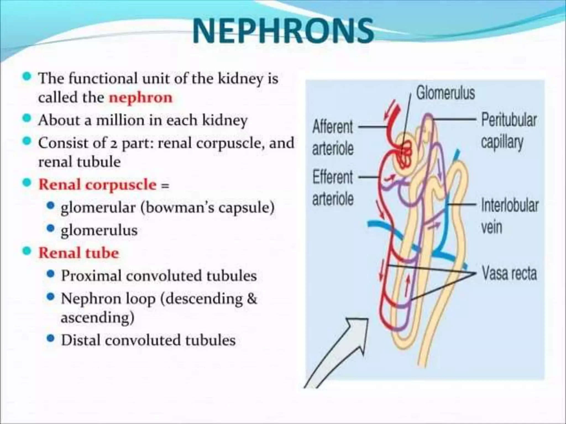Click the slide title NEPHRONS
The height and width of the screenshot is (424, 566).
(283, 31)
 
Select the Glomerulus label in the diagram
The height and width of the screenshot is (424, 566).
(446, 93)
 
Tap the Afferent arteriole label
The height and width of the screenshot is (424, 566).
(333, 138)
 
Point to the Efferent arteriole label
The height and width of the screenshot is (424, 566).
(333, 188)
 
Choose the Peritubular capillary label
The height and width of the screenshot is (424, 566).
(509, 131)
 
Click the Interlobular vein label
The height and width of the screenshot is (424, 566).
(510, 216)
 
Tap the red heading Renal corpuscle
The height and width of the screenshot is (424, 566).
(98, 185)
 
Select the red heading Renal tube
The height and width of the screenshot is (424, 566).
(79, 253)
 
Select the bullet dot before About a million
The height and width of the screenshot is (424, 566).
(27, 119)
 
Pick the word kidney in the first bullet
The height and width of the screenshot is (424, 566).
(240, 79)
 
